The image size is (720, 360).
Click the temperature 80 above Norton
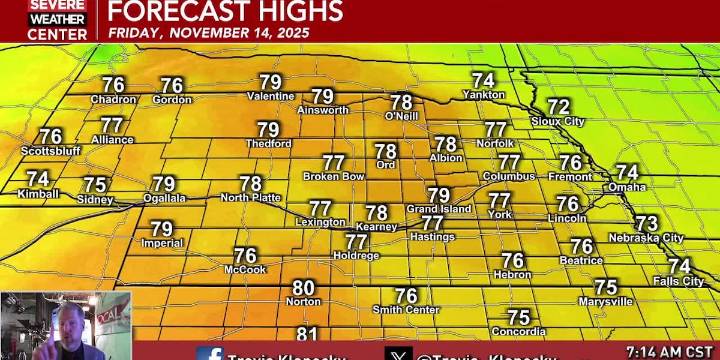coord(303,288)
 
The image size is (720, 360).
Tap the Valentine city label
coord(271,97)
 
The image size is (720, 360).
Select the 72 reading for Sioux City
coord(559,107)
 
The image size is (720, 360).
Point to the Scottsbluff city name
coord(50,151)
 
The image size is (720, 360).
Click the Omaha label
coord(627,187)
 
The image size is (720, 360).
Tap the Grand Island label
coord(439,209)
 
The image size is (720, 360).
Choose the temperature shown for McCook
coord(246,256)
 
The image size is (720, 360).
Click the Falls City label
coord(679,281)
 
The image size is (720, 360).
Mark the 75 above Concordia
coord(518,318)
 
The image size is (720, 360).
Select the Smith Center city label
coord(406,310)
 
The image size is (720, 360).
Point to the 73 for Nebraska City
coord(647,224)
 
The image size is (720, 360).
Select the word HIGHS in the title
coord(296,11)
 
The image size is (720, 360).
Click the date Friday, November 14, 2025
coord(209,32)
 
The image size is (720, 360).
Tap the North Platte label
coord(250,198)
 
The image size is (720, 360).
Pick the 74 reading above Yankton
coord(484,81)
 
